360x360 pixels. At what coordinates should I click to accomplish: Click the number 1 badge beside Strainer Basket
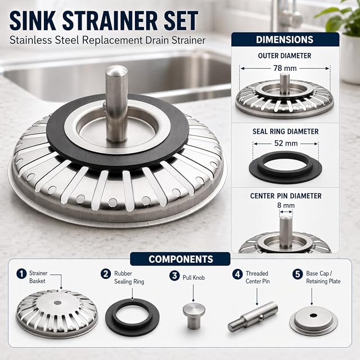(21, 274)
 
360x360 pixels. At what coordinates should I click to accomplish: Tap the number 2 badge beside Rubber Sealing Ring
(106, 274)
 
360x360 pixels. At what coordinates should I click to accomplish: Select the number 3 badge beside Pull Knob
(174, 276)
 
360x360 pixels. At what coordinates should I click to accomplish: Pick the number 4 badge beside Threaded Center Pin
(237, 274)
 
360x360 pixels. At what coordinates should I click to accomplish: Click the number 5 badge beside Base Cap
(298, 274)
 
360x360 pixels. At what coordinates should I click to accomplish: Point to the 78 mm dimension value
(285, 68)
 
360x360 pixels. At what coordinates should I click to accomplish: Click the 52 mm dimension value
(286, 143)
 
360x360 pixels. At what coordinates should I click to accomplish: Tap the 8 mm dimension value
(286, 205)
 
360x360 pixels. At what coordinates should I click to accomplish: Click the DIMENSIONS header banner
(285, 39)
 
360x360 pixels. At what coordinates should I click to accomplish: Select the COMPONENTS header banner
(180, 259)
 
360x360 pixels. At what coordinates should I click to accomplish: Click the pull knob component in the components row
(194, 316)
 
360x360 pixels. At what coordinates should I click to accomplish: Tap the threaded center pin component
(253, 316)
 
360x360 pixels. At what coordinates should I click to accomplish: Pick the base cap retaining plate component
(314, 320)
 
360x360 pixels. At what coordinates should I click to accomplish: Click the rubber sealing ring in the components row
(133, 317)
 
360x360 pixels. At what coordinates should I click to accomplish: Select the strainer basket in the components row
(57, 311)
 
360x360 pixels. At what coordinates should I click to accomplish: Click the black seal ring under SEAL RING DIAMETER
(285, 168)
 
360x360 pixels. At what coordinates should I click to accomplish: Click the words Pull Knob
(193, 277)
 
